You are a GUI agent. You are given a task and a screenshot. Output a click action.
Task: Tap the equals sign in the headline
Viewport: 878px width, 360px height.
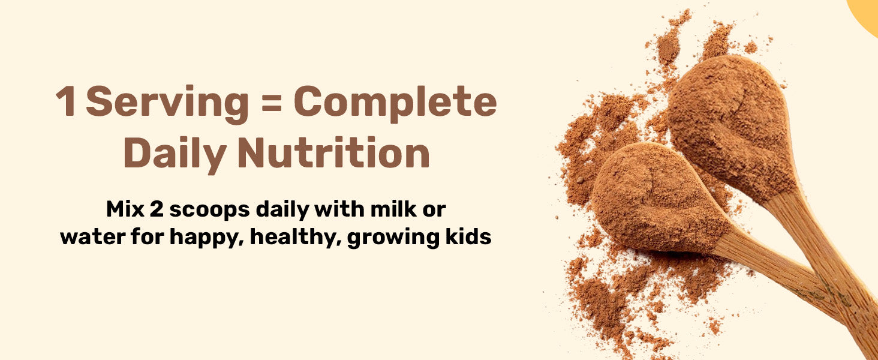click(x=272, y=103)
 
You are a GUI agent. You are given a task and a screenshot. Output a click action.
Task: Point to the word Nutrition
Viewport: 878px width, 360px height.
click(x=333, y=152)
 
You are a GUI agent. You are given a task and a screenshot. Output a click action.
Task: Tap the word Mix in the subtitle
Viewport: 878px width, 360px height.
click(x=125, y=209)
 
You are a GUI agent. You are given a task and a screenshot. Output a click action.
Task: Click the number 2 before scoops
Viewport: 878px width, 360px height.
click(x=157, y=209)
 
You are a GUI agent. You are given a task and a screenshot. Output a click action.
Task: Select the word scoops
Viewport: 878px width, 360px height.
click(x=210, y=211)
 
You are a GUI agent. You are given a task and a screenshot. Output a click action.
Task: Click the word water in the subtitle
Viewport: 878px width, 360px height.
click(x=93, y=237)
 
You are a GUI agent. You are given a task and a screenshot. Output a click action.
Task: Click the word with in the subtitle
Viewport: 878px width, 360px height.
click(x=340, y=209)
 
